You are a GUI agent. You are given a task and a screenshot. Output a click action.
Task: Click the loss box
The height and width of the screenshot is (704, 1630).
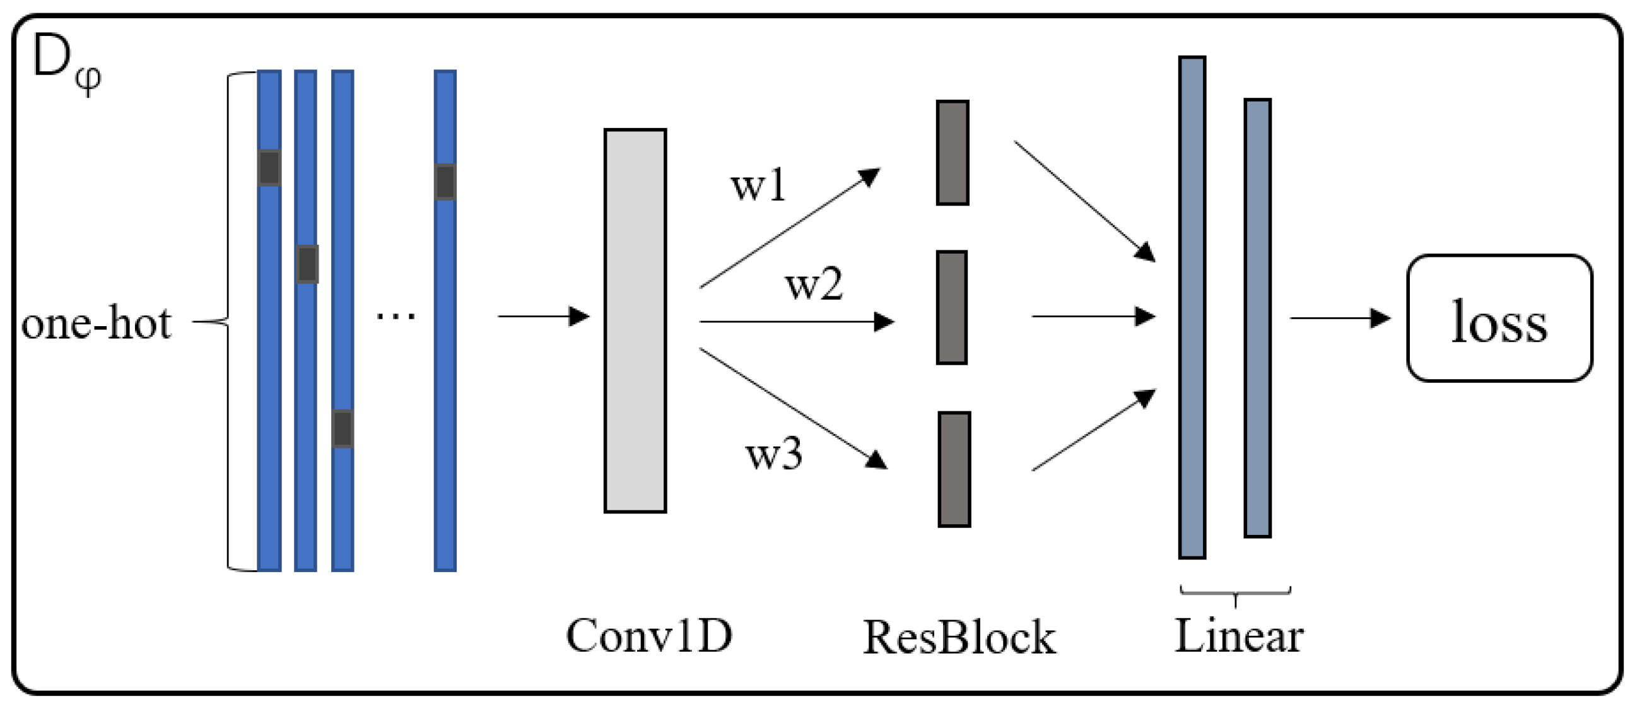[1499, 318]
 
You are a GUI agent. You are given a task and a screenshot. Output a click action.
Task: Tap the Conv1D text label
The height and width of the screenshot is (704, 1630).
[648, 635]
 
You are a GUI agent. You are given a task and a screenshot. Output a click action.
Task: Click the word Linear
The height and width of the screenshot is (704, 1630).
[1238, 635]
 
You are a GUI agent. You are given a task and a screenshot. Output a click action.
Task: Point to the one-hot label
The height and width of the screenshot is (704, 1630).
[96, 323]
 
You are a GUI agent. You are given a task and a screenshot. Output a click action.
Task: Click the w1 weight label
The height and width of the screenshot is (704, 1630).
[758, 185]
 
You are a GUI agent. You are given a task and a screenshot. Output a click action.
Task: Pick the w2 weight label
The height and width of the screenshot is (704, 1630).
[814, 284]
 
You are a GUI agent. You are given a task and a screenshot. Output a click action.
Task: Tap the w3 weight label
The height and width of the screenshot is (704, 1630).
[773, 454]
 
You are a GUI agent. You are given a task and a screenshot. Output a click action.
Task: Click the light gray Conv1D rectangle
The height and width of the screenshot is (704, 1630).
[635, 320]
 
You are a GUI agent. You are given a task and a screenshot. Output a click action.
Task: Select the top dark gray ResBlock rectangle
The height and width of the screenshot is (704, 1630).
[953, 153]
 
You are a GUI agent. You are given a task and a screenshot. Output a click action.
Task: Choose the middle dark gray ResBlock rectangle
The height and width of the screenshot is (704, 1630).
[952, 307]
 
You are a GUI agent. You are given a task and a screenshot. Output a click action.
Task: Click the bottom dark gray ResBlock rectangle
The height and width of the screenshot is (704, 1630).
[954, 469]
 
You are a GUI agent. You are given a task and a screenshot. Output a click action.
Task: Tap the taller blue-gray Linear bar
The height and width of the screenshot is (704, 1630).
[1192, 307]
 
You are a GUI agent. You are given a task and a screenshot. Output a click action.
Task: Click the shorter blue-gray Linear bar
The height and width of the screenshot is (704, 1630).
[1257, 317]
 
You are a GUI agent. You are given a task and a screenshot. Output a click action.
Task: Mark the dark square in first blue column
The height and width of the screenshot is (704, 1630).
[269, 168]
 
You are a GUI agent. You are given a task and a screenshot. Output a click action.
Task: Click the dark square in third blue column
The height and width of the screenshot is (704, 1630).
[343, 428]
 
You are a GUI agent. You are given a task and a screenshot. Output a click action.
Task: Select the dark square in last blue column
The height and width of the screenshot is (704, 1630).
[445, 182]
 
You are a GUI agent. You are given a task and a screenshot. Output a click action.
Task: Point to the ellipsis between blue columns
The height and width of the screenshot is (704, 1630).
[396, 315]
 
